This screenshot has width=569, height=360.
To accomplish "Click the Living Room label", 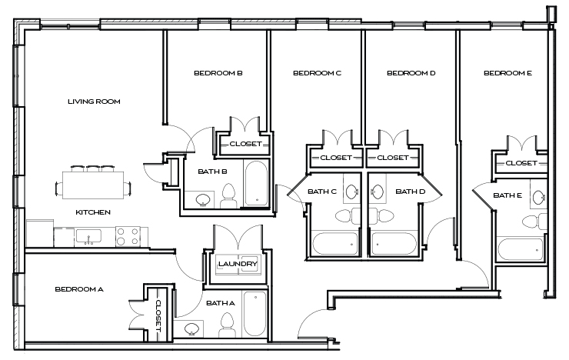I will click(94, 102).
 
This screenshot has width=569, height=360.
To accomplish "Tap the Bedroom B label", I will click(218, 73).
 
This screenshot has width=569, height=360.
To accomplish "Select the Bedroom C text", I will click(317, 73).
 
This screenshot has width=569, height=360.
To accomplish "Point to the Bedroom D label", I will click(411, 73).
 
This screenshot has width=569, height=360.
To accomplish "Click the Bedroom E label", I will click(507, 73).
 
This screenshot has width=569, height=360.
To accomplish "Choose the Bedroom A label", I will click(78, 289).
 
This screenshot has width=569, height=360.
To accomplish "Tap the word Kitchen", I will click(92, 212).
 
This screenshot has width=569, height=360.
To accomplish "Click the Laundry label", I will click(237, 265).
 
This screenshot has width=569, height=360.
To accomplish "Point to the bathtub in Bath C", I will click(334, 244).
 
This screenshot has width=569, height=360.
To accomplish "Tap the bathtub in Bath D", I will click(394, 244).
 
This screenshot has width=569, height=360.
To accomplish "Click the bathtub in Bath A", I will click(255, 313).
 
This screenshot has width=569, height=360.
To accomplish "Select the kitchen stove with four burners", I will click(127, 235).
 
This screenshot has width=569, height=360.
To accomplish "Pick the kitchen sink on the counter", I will click(85, 236).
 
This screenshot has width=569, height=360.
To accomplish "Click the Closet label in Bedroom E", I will click(521, 163).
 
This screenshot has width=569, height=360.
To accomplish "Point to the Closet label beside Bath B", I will click(245, 144).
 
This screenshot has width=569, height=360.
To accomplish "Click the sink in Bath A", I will click(192, 328).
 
